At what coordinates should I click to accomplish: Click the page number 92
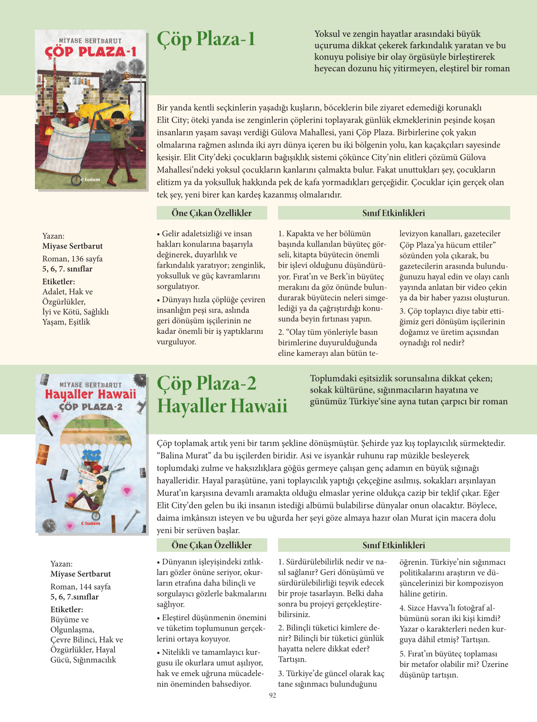pyautogui.click(x=272, y=695)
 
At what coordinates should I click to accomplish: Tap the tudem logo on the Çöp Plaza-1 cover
pyautogui.click(x=90, y=180)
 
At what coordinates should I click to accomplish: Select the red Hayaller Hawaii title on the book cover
pyautogui.click(x=90, y=395)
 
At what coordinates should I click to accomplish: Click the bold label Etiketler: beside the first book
pyautogui.click(x=58, y=282)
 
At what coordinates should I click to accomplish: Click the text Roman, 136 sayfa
pyautogui.click(x=72, y=259)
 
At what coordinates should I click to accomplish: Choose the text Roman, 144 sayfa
pyautogui.click(x=80, y=587)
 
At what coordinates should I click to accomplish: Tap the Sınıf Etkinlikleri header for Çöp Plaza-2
pyautogui.click(x=393, y=545)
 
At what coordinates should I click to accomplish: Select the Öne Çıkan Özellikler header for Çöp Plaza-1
pyautogui.click(x=212, y=213)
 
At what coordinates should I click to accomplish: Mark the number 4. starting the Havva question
pyautogui.click(x=403, y=608)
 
